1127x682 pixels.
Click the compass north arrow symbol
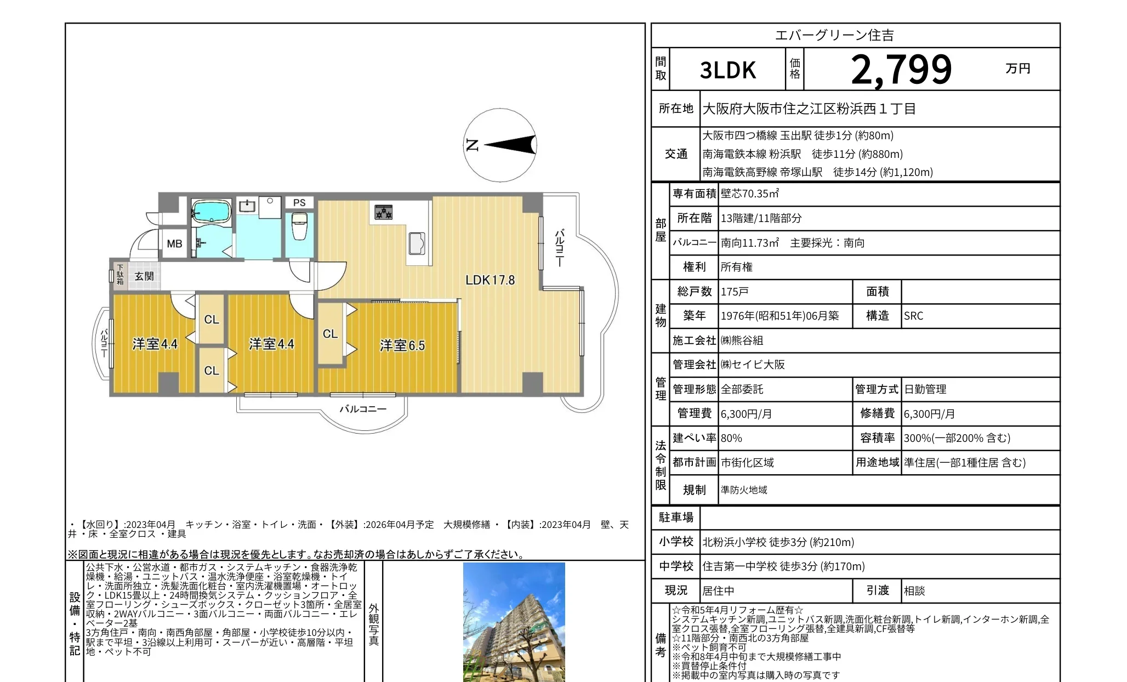click(x=500, y=145)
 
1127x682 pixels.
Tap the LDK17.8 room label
click(x=490, y=280)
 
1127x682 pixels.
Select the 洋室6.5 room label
click(x=402, y=345)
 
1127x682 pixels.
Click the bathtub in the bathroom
click(x=211, y=212)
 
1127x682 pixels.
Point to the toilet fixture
click(x=299, y=226)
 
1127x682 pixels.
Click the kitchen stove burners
click(x=383, y=212)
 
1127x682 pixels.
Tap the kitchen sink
click(x=417, y=243)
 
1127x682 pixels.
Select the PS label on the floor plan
click(x=299, y=203)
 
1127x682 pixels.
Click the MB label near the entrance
click(x=174, y=244)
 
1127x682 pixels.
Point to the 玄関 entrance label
click(x=144, y=276)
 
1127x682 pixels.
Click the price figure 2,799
click(x=902, y=70)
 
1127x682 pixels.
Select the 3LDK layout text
click(x=728, y=70)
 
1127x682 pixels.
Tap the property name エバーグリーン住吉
click(x=835, y=36)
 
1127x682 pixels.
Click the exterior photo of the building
click(x=514, y=622)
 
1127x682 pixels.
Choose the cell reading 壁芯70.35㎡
click(x=749, y=194)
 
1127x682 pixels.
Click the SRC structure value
click(x=914, y=316)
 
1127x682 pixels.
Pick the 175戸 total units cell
click(x=735, y=292)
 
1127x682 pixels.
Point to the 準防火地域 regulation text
click(x=744, y=490)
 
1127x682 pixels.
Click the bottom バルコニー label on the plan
click(x=363, y=409)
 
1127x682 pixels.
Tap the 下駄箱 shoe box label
click(x=120, y=275)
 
